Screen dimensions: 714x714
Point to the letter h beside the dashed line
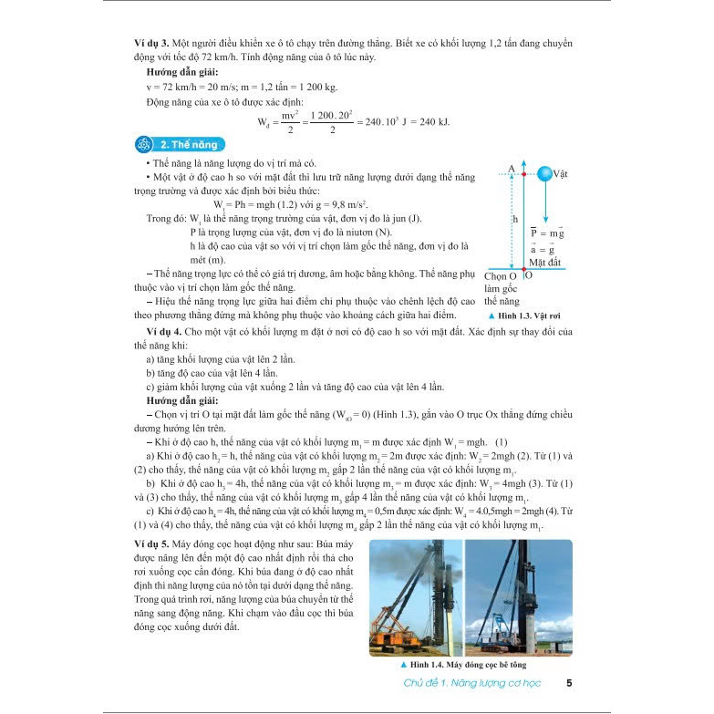(515, 219)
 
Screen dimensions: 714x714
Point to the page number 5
(569, 684)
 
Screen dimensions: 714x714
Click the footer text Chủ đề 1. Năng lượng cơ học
(474, 684)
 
